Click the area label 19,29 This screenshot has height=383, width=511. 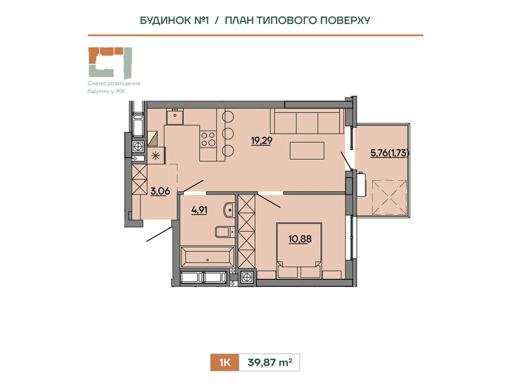click(x=262, y=141)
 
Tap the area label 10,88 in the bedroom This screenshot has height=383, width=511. click(x=300, y=239)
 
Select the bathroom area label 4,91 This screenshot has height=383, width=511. click(x=199, y=210)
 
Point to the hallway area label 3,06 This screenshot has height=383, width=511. click(x=160, y=191)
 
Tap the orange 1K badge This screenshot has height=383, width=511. click(x=225, y=362)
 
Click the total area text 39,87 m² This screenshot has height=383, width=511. click(x=270, y=362)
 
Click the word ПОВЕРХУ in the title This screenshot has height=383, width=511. click(x=345, y=20)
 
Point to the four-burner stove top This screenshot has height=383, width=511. click(x=208, y=139)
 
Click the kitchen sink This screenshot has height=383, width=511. click(x=175, y=116)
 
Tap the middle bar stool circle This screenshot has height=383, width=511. click(x=228, y=133)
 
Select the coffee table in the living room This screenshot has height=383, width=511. click(x=307, y=151)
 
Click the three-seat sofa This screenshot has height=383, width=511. click(x=307, y=121)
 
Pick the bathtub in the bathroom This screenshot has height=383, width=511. click(x=207, y=257)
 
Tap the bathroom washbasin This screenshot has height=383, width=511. click(x=229, y=210)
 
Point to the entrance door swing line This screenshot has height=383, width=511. click(x=159, y=234)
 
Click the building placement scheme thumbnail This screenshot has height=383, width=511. click(x=111, y=63)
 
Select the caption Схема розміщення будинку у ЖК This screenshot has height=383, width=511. click(x=114, y=87)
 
